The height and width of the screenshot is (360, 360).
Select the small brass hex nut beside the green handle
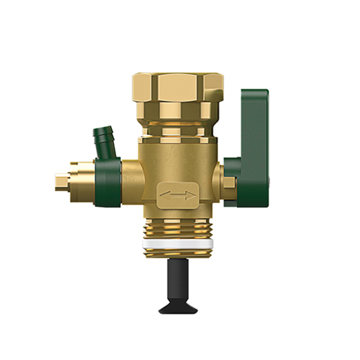click(227, 182)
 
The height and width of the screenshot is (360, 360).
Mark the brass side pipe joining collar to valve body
click(133, 180)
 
